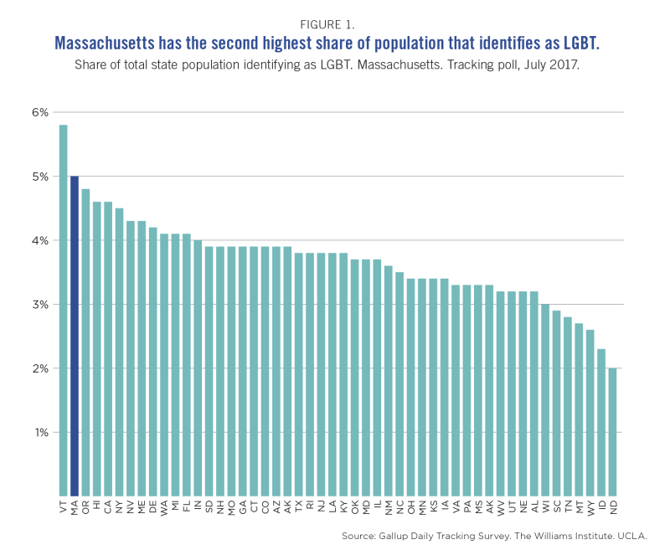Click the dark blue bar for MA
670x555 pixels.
pyautogui.click(x=75, y=335)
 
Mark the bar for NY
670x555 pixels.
pyautogui.click(x=119, y=351)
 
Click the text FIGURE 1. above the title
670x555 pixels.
pyautogui.click(x=334, y=25)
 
